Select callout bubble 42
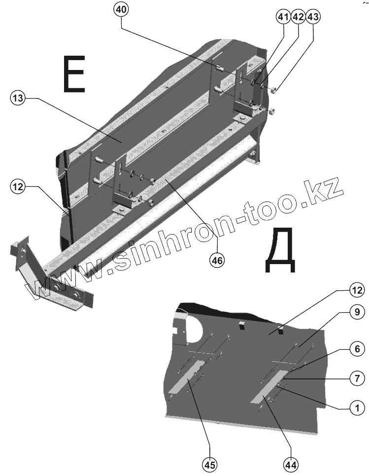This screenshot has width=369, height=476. point(298,17)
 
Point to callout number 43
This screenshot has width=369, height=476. point(312,17)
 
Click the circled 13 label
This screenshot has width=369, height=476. point(17,99)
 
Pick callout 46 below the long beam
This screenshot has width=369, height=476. point(216,260)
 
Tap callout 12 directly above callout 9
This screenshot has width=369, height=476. point(357,290)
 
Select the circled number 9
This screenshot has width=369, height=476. point(357,312)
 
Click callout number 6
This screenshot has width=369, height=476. point(357,348)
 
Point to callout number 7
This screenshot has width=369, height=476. point(357,379)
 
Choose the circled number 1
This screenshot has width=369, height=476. point(357,408)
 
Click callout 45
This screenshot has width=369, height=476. point(210,464)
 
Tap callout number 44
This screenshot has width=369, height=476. point(291,464)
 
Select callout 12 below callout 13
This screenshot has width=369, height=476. point(17,187)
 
